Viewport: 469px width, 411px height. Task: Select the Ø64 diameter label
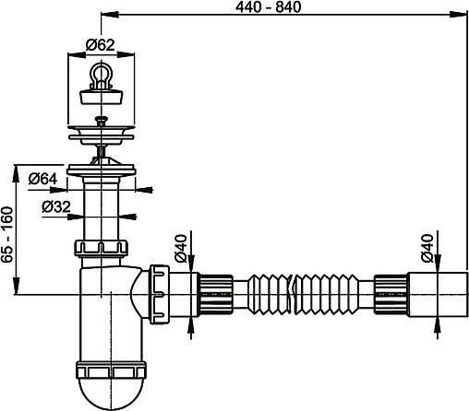pyautogui.click(x=43, y=178)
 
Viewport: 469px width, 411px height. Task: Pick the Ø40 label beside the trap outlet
pyautogui.click(x=180, y=249)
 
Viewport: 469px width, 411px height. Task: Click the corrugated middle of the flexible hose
pyautogui.click(x=295, y=294)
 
